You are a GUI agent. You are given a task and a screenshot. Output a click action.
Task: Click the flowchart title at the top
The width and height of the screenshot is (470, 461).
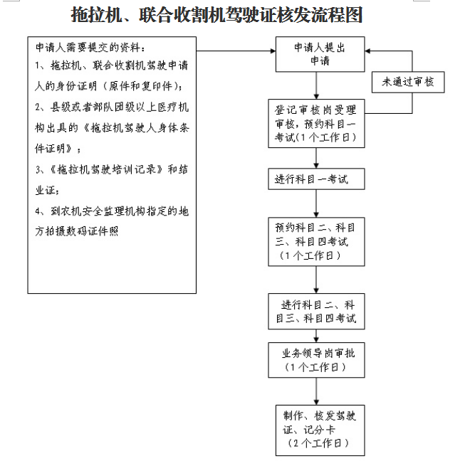tap(216, 14)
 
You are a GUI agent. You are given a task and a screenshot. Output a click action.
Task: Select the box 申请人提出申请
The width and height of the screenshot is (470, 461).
tap(320, 54)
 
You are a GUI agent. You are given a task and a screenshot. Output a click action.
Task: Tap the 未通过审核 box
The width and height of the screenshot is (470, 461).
tap(408, 82)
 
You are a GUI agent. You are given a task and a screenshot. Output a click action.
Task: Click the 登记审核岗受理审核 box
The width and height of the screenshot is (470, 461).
tap(316, 123)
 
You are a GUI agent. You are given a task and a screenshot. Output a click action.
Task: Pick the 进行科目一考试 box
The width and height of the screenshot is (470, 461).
tap(316, 179)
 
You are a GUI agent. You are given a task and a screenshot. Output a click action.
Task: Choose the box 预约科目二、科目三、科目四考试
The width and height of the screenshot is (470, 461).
tap(316, 242)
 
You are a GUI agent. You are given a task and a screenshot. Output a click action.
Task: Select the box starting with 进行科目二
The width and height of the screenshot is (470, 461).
tap(316, 311)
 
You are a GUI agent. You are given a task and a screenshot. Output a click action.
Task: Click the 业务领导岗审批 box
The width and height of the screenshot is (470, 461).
tap(316, 360)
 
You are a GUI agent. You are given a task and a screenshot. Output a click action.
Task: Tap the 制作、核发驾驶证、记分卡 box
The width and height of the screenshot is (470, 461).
tap(320, 430)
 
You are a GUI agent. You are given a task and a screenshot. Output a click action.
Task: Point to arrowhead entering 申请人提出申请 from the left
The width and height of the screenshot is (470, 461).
tap(273, 51)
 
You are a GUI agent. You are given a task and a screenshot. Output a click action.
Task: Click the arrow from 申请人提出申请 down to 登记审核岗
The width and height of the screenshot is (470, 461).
tap(316, 85)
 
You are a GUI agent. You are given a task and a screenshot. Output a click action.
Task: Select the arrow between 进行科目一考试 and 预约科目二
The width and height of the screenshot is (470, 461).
tap(316, 203)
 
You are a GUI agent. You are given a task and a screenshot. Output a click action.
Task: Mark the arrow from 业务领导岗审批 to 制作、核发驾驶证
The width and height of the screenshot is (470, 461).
tap(316, 391)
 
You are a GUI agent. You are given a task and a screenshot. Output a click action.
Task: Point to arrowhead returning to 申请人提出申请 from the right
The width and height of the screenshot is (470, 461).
tap(367, 51)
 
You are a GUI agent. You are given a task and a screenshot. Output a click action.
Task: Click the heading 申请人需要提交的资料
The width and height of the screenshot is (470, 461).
tap(90, 48)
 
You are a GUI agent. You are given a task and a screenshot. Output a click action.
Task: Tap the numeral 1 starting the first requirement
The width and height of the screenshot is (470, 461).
tap(37, 65)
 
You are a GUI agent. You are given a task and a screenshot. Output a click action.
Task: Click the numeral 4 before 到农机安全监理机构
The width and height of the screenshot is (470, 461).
tap(38, 211)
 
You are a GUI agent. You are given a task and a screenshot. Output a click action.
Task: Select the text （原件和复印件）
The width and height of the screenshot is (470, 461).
tap(140, 86)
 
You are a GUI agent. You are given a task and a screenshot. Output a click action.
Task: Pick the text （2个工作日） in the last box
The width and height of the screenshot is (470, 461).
tap(318, 443)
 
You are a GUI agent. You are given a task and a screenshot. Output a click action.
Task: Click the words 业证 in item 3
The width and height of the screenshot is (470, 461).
tap(46, 191)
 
